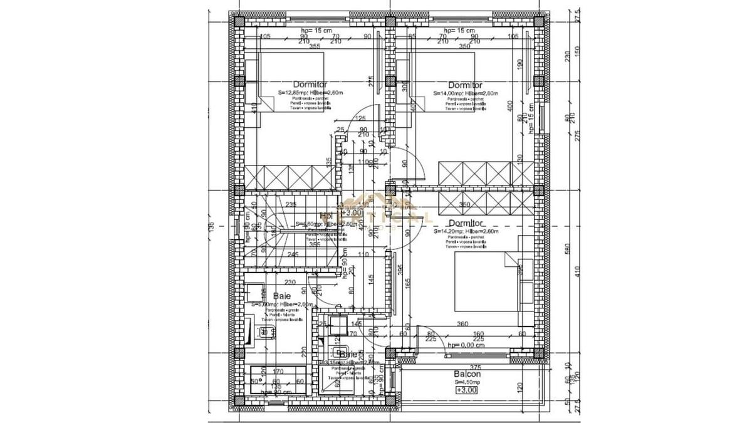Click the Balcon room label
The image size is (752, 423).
click(467, 375)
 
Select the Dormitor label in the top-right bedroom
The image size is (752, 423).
click(465, 85)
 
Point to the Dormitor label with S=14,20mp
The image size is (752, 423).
click(465, 222)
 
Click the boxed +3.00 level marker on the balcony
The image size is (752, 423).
click(466, 390)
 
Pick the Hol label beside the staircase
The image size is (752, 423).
click(326, 216)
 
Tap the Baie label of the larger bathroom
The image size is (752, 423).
click(281, 295)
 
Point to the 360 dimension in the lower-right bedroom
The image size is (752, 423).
click(481, 324)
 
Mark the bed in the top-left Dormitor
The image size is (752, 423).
click(291, 81)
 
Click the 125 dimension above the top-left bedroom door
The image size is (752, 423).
click(360, 118)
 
